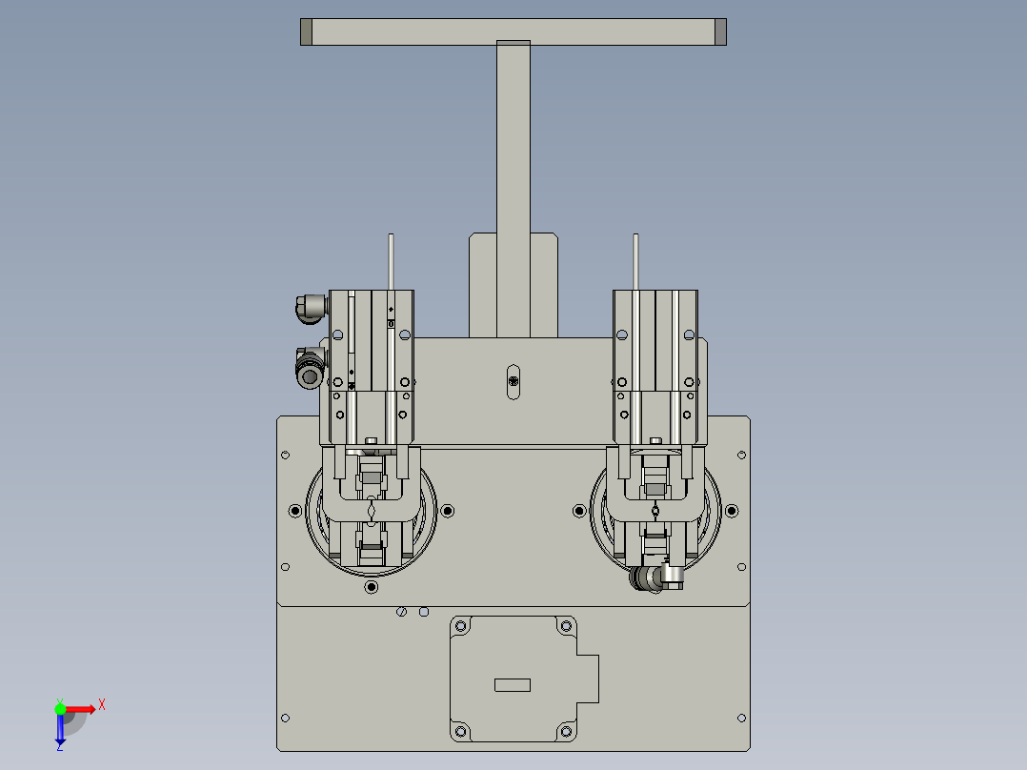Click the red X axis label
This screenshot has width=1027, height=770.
(x=102, y=704)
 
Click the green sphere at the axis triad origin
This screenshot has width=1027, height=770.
(x=60, y=708)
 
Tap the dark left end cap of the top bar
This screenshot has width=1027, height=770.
(x=306, y=31)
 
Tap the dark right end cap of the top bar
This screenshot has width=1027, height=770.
(x=720, y=31)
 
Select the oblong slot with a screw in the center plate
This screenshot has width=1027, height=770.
(x=513, y=381)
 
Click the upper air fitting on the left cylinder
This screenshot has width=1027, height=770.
(x=310, y=307)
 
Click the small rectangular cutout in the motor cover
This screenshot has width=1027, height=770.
(x=513, y=684)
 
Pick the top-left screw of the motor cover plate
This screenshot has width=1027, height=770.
(x=461, y=626)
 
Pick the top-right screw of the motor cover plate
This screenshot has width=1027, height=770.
(x=566, y=626)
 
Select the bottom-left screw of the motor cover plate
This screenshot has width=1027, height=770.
(x=461, y=731)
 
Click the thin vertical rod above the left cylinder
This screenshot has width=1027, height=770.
(x=391, y=261)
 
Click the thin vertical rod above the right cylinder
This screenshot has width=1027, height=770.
(x=635, y=261)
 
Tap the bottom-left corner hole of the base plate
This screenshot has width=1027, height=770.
(x=284, y=718)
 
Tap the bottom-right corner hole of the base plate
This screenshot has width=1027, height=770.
(x=742, y=718)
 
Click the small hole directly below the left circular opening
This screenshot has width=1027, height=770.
(x=371, y=587)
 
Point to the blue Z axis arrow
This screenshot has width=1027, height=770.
(x=60, y=732)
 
